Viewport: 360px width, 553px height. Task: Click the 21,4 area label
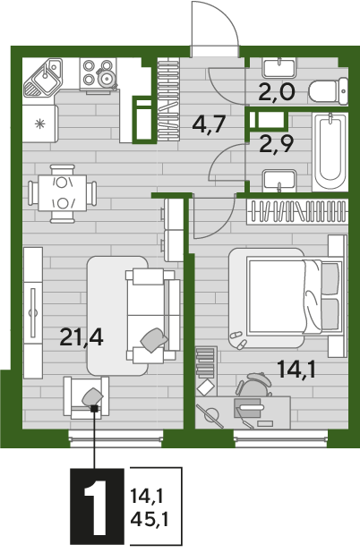pyautogui.click(x=81, y=336)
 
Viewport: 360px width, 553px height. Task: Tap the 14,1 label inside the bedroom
pyautogui.click(x=296, y=369)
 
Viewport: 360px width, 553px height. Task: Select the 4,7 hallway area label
pyautogui.click(x=209, y=124)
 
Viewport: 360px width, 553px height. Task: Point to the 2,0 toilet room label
pyautogui.click(x=277, y=92)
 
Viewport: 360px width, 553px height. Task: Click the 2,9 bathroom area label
pyautogui.click(x=277, y=144)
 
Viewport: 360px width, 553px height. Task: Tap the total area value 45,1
pyautogui.click(x=150, y=518)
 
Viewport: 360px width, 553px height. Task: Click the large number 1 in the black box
pyautogui.click(x=97, y=506)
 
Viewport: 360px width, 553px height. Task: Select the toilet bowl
pyautogui.click(x=329, y=91)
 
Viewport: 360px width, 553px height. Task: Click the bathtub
pyautogui.click(x=330, y=151)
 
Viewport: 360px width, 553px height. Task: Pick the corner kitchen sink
pyautogui.click(x=43, y=77)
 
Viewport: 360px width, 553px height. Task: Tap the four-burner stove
pyautogui.click(x=99, y=75)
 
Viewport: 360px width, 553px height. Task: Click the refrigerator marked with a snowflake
pyautogui.click(x=40, y=123)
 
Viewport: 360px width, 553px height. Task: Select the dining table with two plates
pyautogui.click(x=63, y=193)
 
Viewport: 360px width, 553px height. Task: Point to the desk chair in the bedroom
pyautogui.click(x=254, y=385)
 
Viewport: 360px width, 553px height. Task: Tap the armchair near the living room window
pyautogui.click(x=86, y=397)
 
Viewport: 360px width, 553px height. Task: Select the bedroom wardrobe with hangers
pyautogui.click(x=296, y=211)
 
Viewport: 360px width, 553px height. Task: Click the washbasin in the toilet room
pyautogui.click(x=279, y=68)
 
